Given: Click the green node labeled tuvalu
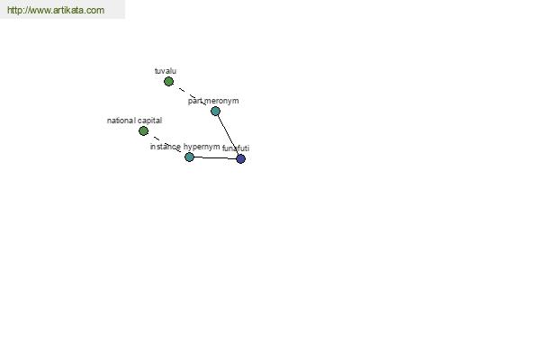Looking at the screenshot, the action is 168,82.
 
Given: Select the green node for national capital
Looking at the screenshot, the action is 143,130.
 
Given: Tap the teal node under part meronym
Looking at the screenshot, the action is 215,111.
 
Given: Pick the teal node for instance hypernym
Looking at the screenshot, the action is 189,157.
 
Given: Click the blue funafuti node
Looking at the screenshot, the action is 240,158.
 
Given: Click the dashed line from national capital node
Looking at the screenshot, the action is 166,144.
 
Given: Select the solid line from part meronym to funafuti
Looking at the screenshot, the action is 228,135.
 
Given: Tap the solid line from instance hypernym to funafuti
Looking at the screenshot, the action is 215,157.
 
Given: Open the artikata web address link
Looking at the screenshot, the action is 56,10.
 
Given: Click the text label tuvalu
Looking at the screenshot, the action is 166,71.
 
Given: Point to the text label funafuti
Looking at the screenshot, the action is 236,148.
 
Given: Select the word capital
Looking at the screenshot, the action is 149,121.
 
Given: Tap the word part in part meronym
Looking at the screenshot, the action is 194,101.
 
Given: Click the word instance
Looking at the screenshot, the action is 166,147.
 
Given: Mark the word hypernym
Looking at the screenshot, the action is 202,147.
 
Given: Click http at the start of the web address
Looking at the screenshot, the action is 13,10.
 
